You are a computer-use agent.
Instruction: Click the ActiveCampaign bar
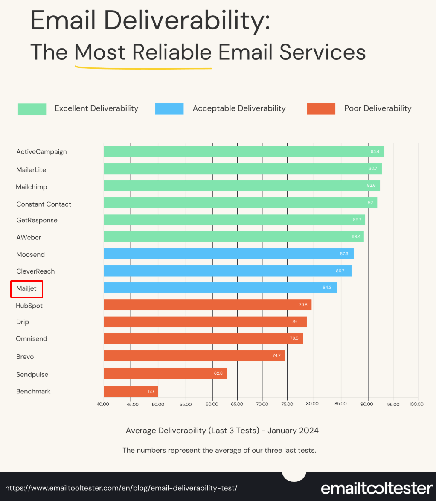244,151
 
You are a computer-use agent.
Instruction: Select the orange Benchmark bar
131,391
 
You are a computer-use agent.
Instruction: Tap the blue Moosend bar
228,254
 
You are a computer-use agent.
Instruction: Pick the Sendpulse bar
165,373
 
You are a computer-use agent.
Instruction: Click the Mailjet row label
26,288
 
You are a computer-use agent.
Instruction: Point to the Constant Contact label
44,204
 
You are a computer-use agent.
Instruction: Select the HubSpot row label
29,306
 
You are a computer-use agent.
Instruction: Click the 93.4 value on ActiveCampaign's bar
375,152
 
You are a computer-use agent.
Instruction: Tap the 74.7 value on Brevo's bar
276,356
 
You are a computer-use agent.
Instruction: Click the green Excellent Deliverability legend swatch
32,109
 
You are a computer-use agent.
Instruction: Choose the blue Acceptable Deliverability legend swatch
169,109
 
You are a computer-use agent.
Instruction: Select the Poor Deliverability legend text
378,108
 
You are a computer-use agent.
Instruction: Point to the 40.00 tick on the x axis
103,404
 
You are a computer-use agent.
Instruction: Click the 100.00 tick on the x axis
417,404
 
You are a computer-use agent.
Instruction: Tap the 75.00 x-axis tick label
288,404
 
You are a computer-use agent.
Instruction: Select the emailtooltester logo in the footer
377,488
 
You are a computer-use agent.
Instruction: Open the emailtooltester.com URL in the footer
121,488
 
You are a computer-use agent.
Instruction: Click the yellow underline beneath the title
143,67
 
